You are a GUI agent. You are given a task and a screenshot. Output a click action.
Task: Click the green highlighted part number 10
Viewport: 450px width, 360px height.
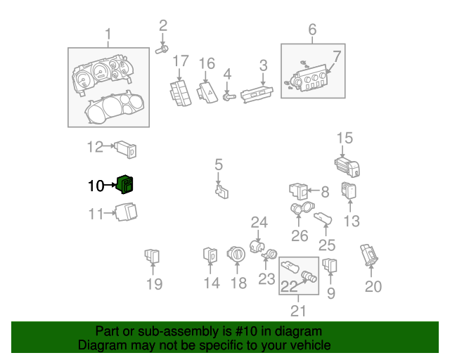pos(127,185)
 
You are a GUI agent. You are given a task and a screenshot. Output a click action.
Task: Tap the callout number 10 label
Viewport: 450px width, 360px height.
pos(96,186)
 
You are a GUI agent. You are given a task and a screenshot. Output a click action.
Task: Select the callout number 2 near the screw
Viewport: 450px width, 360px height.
pos(163,27)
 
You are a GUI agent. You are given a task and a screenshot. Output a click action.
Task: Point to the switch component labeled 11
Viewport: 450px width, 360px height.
pos(127,212)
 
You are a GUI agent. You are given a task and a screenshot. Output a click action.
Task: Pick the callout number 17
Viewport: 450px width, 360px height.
pos(181,61)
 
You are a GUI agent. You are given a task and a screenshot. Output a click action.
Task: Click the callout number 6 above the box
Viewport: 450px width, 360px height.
pos(312,30)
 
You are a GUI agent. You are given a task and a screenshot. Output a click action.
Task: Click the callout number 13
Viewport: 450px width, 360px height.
pos(351,221)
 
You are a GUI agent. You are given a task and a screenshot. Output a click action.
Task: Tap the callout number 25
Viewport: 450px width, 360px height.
pos(327,245)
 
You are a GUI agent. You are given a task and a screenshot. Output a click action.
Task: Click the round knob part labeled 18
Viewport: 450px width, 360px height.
pos(237,255)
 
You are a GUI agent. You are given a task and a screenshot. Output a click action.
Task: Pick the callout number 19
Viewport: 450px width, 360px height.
pos(154,283)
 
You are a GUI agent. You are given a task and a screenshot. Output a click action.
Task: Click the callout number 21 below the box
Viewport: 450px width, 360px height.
pos(299,310)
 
